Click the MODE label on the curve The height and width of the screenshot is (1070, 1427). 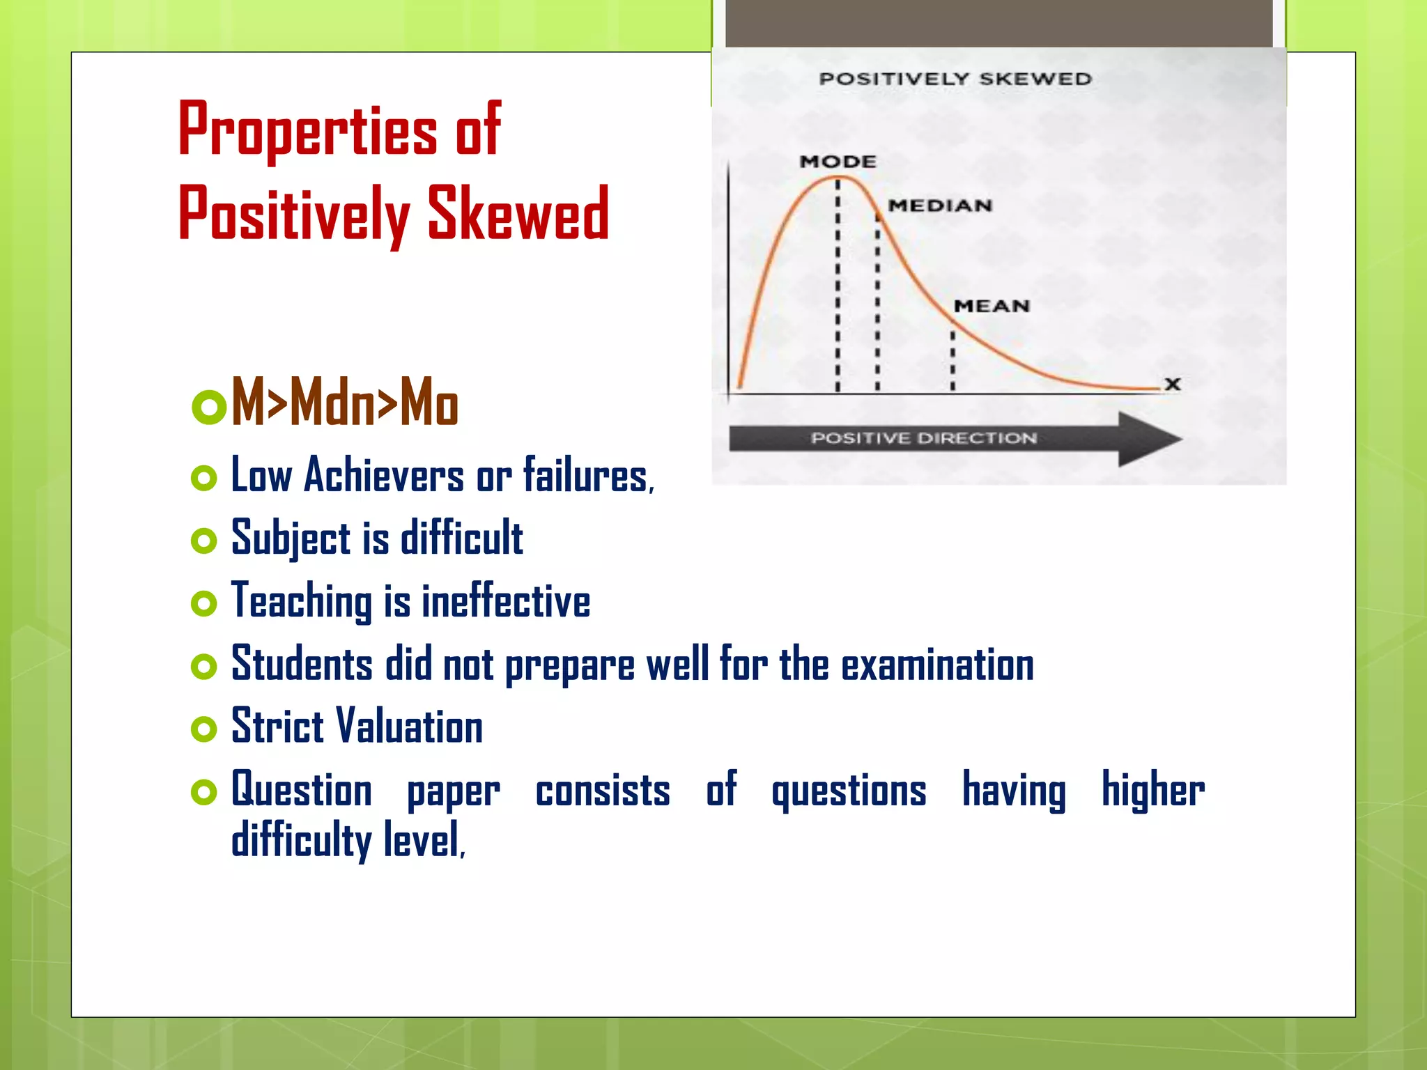click(x=838, y=162)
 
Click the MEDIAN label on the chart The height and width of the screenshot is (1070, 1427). click(x=939, y=206)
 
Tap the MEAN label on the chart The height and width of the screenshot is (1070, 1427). click(x=991, y=306)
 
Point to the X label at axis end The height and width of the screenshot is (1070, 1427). click(x=1173, y=384)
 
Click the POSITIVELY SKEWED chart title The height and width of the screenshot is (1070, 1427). click(x=955, y=79)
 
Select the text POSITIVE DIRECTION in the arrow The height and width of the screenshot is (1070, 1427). click(x=923, y=438)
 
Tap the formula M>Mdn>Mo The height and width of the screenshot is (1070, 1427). click(x=344, y=402)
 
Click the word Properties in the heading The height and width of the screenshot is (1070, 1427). click(x=307, y=130)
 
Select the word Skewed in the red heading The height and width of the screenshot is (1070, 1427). click(x=518, y=215)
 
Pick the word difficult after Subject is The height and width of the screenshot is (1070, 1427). click(x=461, y=538)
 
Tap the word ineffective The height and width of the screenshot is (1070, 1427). click(x=506, y=601)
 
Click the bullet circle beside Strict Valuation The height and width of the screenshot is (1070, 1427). click(x=203, y=729)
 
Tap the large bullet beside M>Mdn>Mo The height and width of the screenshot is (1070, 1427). click(x=208, y=407)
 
